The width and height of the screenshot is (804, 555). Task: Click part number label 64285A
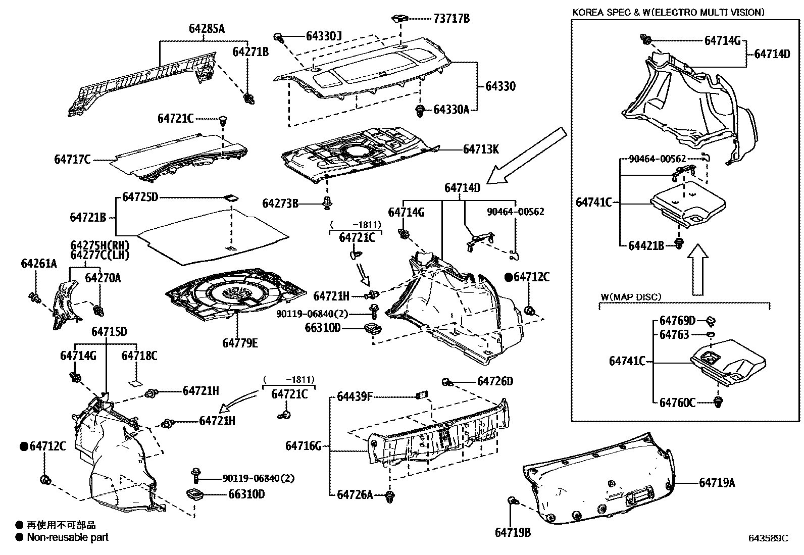tap(207, 29)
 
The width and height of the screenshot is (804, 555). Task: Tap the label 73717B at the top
tap(451, 19)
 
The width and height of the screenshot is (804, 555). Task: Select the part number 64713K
tap(481, 149)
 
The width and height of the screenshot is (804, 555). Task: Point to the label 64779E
tap(240, 343)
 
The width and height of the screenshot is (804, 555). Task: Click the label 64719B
tap(513, 532)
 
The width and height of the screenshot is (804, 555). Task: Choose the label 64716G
tap(303, 446)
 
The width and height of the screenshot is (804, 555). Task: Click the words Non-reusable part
tap(68, 537)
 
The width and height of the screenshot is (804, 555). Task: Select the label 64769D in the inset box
tap(677, 321)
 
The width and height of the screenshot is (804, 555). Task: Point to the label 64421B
tap(646, 245)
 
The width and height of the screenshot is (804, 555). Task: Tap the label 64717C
tap(72, 160)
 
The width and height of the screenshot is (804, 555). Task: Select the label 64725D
tap(140, 196)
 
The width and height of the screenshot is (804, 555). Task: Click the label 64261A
tap(39, 264)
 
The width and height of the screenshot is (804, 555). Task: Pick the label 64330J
tap(324, 36)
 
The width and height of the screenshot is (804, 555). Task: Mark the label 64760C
tap(677, 402)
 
